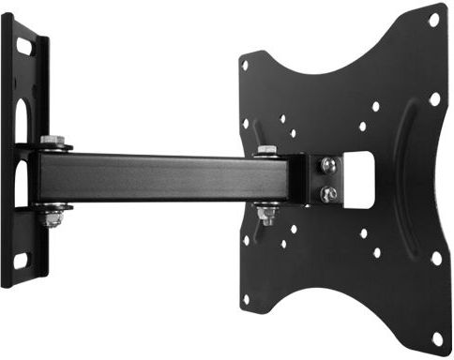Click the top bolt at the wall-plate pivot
(53, 142)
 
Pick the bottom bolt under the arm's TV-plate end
(266, 216)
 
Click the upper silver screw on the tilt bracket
(328, 166)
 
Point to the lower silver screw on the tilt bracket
(328, 193)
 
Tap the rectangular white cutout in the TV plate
(360, 180)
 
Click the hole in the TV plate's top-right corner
(433, 19)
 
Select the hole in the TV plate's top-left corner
(245, 65)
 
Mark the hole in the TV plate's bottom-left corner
(246, 299)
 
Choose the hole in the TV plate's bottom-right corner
(436, 337)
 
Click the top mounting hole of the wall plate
(23, 42)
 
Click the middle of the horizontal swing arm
(159, 178)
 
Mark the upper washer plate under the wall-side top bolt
(54, 149)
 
